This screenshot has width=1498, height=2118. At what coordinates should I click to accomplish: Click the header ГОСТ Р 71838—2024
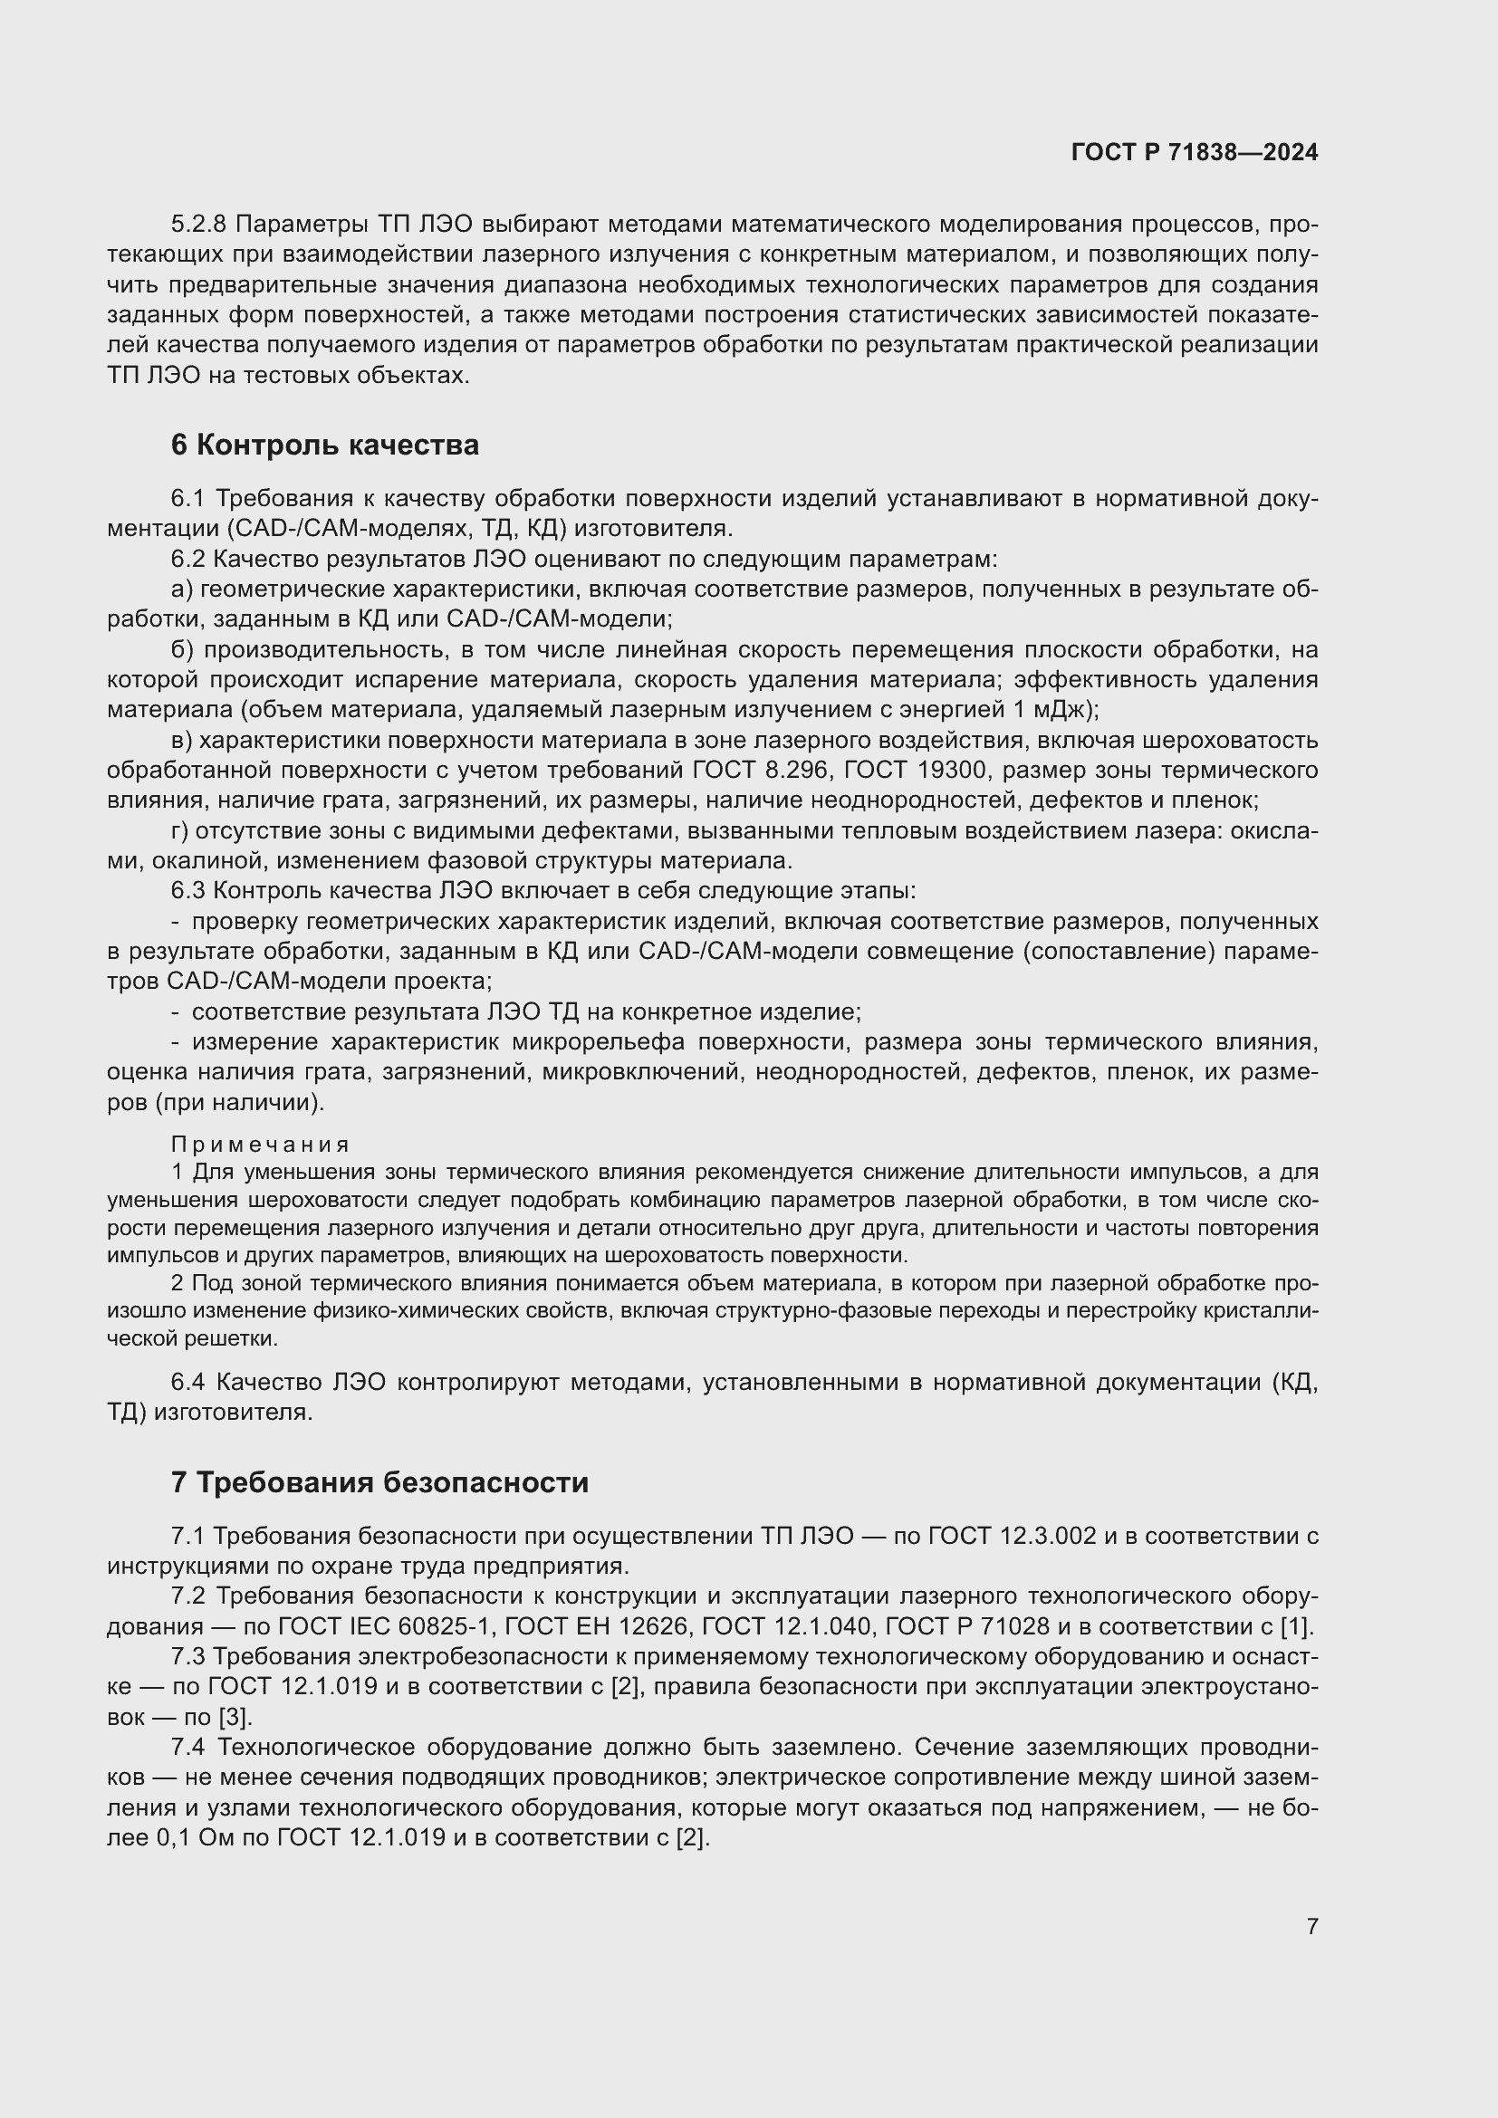tap(1195, 153)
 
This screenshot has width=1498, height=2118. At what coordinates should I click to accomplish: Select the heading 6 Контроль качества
tap(325, 446)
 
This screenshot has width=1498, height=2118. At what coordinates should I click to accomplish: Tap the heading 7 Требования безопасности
tap(379, 1482)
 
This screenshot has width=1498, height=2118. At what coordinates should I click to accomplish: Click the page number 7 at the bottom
tap(1311, 1926)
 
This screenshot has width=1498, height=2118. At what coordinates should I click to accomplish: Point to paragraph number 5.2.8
tap(198, 225)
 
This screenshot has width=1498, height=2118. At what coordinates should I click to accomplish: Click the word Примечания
tap(260, 1145)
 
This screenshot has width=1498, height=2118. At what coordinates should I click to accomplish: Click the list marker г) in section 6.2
tap(180, 831)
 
